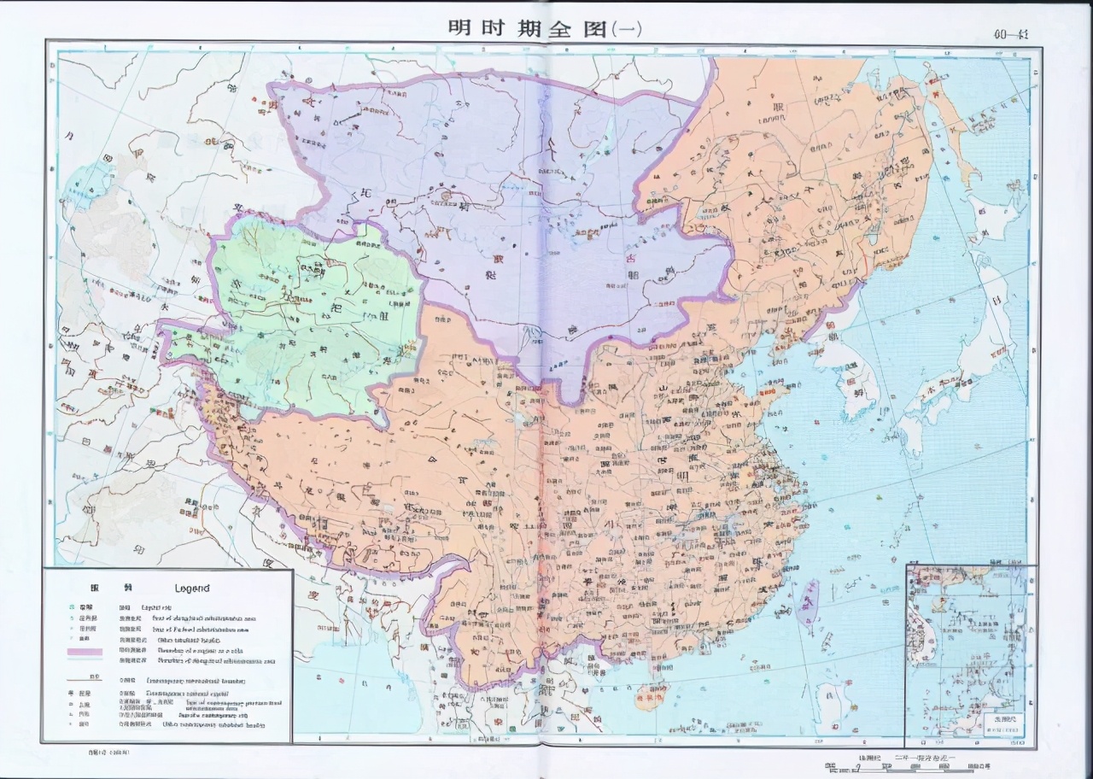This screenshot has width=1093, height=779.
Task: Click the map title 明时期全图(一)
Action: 545,27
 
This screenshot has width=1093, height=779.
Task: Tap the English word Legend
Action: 192,588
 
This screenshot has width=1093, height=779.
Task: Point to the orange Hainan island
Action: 651,696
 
